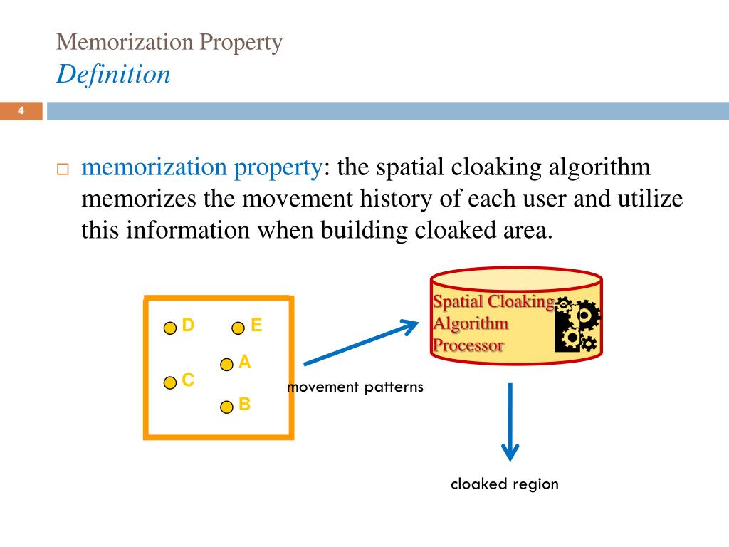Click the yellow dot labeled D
click(170, 328)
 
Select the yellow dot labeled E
click(238, 328)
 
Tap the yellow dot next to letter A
click(226, 365)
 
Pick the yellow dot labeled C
click(170, 383)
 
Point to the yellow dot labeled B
click(226, 407)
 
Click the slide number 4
click(21, 110)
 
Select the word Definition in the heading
click(113, 73)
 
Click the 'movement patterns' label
click(355, 387)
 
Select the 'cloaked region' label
click(504, 484)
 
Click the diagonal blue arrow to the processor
click(360, 345)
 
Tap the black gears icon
click(577, 326)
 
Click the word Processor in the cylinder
click(468, 346)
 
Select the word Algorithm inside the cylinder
click(471, 324)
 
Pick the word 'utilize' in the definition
click(645, 199)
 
